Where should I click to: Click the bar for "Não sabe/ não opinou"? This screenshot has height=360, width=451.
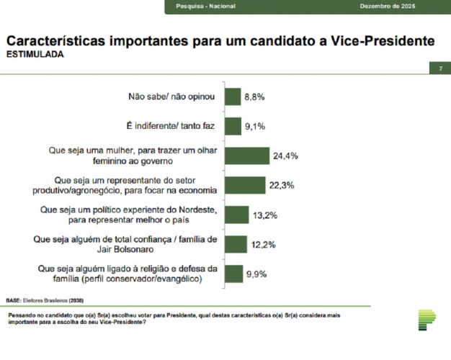233,96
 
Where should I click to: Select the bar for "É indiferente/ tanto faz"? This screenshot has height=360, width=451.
233,127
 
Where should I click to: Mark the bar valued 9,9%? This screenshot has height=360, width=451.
233,274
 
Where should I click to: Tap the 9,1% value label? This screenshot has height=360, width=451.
255,127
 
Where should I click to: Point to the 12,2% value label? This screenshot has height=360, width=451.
264,245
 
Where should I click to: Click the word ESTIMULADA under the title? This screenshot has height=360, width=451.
34,54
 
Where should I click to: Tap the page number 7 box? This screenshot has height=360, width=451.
439,68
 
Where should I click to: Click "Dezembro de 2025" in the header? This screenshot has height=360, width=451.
387,6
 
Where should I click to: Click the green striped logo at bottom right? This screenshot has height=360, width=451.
427,318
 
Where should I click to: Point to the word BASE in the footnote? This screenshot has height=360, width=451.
13,299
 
